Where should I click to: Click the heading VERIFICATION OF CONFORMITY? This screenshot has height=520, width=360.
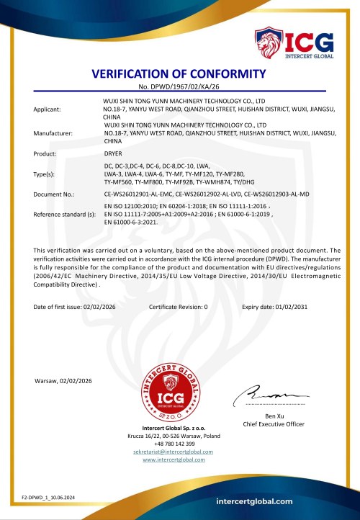179,75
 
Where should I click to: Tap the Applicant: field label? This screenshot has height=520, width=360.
48,109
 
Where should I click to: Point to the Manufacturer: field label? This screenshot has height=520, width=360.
53,133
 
